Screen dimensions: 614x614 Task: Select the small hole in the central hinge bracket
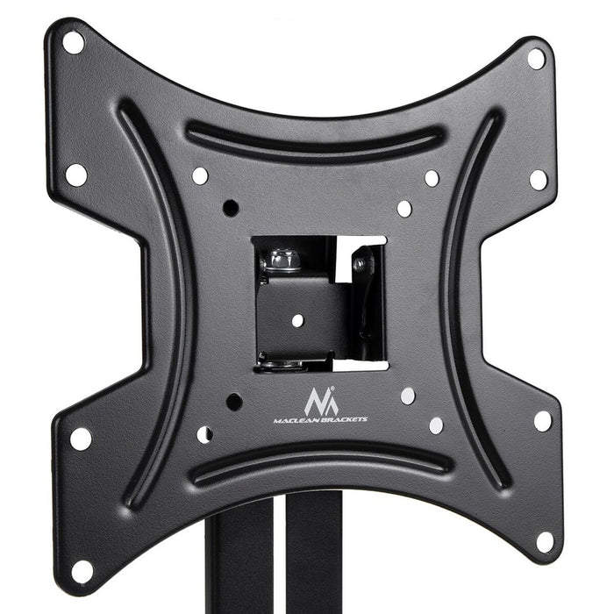[297, 320]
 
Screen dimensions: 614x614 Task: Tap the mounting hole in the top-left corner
[73, 41]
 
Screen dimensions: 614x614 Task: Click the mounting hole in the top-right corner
[535, 58]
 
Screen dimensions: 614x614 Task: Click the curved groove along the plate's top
[316, 139]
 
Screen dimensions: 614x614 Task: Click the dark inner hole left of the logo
[234, 402]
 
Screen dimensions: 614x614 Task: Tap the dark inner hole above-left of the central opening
[231, 208]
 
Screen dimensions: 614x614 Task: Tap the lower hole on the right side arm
[542, 421]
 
